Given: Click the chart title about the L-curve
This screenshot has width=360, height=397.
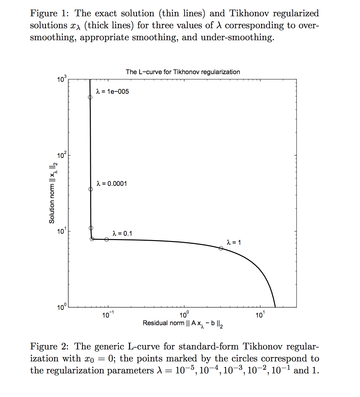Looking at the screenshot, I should coord(183,72).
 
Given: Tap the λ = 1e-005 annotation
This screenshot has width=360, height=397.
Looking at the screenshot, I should coord(112,91).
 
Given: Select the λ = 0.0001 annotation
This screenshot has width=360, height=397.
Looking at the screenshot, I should coord(112,184).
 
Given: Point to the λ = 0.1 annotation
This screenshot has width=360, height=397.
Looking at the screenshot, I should coord(122,233).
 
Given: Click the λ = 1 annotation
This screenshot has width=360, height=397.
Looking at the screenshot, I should coord(234,242).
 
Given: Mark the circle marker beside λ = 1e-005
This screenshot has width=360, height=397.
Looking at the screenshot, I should coord(90,97).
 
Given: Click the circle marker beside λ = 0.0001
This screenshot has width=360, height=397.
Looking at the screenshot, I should coord(90,189).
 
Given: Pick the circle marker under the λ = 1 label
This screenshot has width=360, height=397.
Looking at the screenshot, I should coord(221,248).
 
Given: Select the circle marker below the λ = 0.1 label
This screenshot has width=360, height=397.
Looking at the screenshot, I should coord(106,239).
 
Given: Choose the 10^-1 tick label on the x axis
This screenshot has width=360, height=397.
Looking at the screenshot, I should coord(107,315).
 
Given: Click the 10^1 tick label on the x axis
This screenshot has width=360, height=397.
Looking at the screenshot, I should coord(260,315).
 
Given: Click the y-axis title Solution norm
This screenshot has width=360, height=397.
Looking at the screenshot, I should coord(53,193).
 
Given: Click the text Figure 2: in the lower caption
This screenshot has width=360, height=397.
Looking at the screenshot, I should coord(49,346).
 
